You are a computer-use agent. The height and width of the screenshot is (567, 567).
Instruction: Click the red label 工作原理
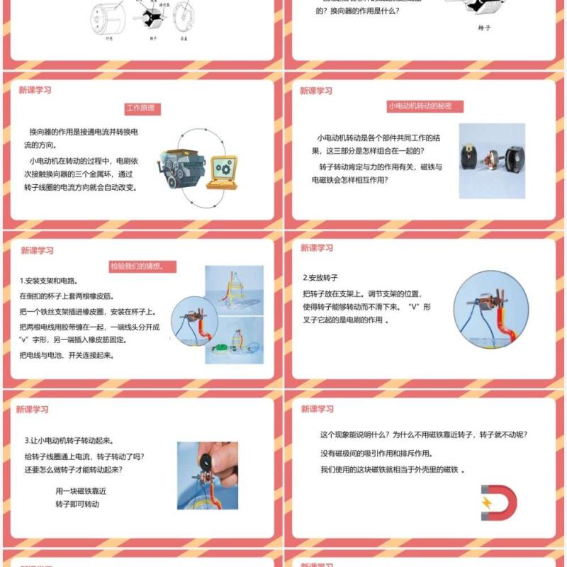(x=142, y=109)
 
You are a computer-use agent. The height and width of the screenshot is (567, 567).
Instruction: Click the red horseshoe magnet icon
(x=498, y=502)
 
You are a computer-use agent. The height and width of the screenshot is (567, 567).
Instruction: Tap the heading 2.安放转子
(x=320, y=278)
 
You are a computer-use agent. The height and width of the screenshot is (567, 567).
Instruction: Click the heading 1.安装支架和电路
(x=47, y=281)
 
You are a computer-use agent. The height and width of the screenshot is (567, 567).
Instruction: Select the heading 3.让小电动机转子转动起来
(x=69, y=440)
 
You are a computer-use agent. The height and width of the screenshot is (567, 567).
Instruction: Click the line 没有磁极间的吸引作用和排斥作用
(x=376, y=454)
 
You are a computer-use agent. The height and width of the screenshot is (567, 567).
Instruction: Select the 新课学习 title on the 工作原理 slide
(x=35, y=90)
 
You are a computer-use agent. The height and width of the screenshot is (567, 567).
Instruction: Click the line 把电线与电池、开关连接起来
(x=67, y=355)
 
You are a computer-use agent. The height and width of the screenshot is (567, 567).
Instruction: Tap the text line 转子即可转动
(x=77, y=505)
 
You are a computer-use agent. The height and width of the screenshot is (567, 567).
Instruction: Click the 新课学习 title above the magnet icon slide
(x=317, y=409)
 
